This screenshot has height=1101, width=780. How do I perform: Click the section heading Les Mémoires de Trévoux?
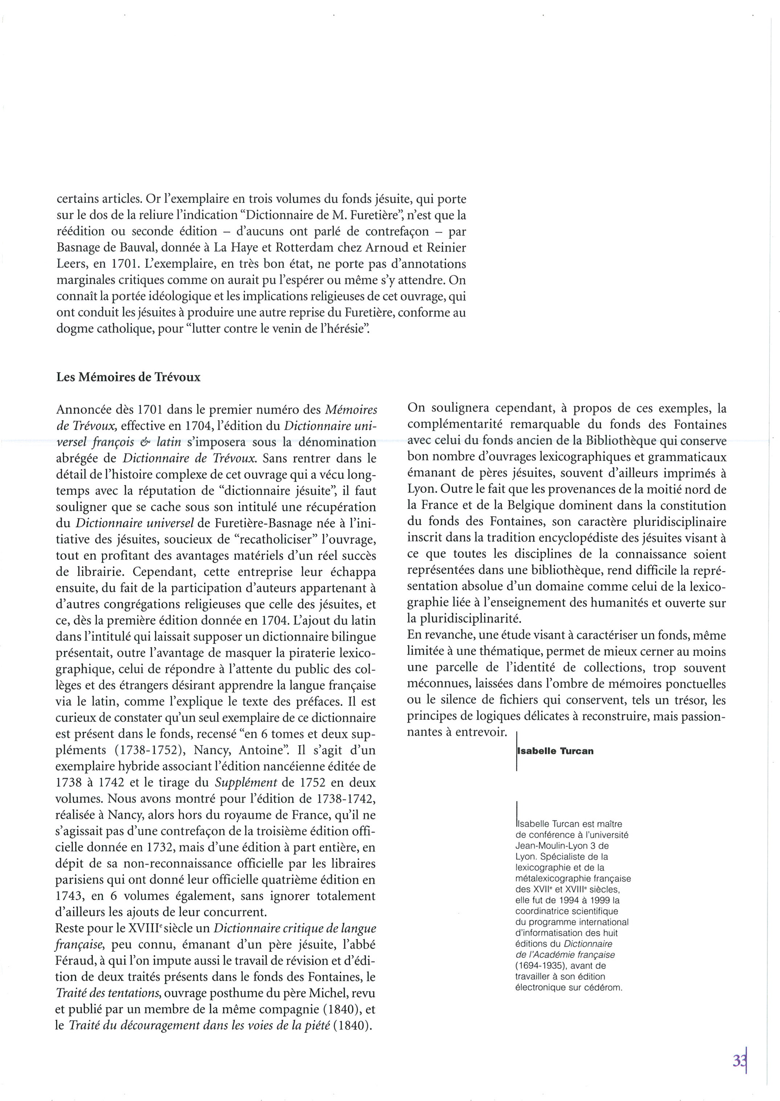128,377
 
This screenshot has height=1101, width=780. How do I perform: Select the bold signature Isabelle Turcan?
555,751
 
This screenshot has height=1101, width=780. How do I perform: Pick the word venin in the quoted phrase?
266,330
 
